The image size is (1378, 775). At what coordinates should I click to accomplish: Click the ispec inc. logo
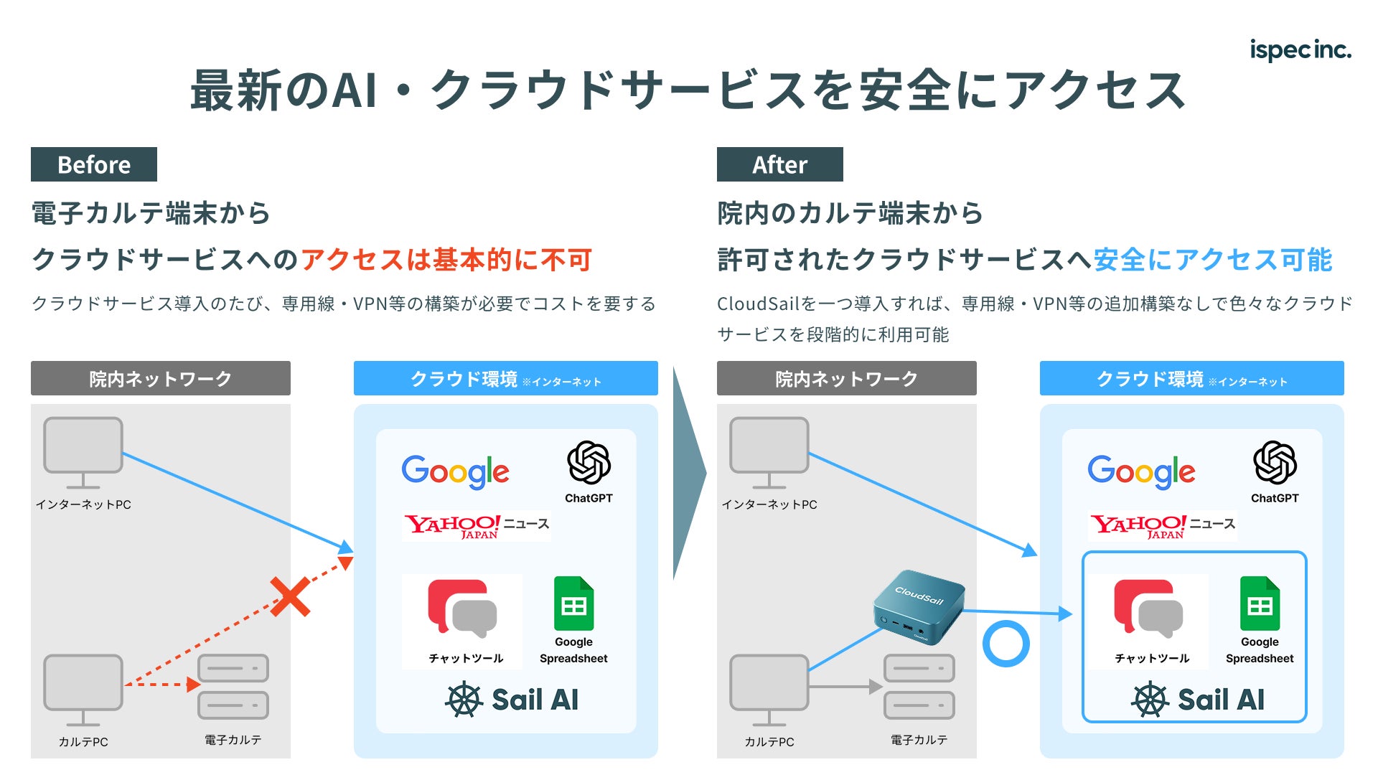[1300, 50]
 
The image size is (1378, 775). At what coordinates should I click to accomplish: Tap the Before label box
[94, 164]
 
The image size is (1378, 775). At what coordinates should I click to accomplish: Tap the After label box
[779, 164]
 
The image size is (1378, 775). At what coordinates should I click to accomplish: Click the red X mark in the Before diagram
[290, 596]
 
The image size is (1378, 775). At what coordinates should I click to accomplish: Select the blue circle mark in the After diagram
[1006, 644]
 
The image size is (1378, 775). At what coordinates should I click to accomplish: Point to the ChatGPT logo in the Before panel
[589, 463]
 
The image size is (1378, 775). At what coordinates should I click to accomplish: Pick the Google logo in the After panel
[1141, 471]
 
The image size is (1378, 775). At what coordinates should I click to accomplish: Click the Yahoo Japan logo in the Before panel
[452, 526]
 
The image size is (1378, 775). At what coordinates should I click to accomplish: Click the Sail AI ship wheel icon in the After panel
[1150, 700]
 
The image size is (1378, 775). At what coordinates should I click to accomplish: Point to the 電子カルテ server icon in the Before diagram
[233, 687]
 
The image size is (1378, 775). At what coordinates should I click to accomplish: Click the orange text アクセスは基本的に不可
[446, 260]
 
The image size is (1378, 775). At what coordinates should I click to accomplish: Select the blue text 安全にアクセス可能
[1213, 260]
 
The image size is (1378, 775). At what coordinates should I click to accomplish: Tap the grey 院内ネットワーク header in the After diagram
[846, 378]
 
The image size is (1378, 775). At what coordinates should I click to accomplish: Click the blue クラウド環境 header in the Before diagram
[505, 378]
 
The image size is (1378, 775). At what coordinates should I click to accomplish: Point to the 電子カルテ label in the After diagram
[919, 740]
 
